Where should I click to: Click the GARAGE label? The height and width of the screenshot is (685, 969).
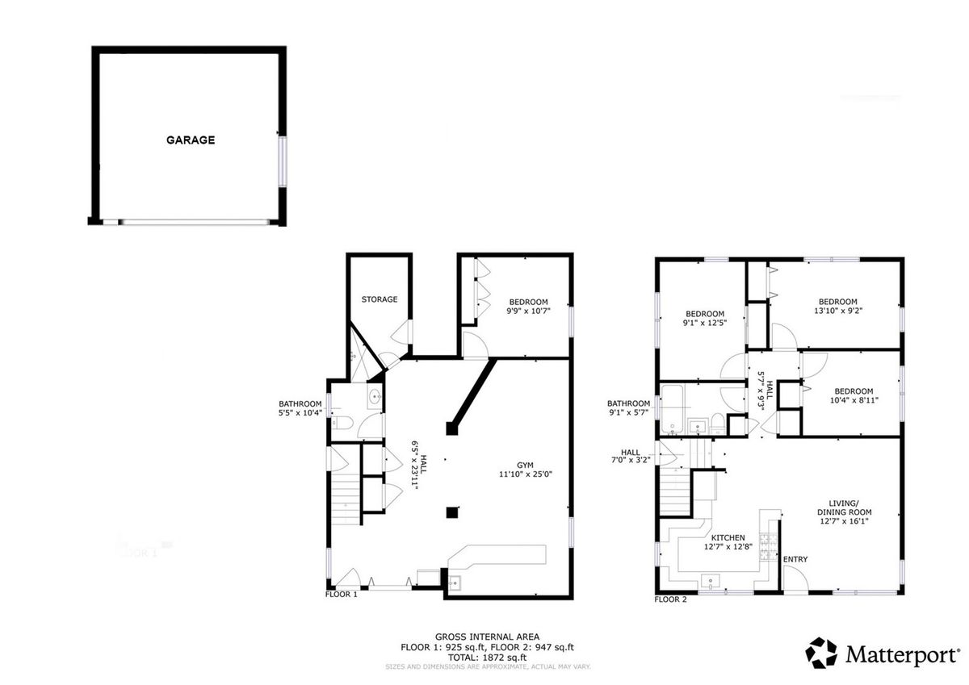click(191, 140)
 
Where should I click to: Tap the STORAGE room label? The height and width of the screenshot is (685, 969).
click(380, 299)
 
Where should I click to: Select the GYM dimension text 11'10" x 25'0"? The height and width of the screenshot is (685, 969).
click(526, 474)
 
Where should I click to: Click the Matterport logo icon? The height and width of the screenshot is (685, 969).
click(821, 653)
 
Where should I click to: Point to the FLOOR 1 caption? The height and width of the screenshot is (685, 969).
click(342, 595)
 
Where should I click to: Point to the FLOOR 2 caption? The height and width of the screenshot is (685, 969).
click(670, 599)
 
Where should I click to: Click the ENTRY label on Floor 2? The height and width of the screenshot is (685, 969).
click(795, 559)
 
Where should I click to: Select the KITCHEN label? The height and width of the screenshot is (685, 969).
click(728, 537)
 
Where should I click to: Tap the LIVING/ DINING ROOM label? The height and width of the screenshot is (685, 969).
click(845, 507)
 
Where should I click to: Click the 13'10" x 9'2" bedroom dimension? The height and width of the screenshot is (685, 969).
click(838, 311)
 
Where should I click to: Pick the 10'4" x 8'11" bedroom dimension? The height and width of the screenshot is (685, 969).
click(854, 400)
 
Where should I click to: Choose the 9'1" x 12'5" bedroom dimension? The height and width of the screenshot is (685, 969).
click(705, 323)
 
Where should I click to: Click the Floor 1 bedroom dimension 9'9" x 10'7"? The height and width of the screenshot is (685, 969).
click(528, 311)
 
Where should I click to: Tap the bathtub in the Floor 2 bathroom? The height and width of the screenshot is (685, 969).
click(672, 409)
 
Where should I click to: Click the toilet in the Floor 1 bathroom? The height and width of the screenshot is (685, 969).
click(342, 423)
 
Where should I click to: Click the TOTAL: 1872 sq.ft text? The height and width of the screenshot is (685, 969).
click(487, 658)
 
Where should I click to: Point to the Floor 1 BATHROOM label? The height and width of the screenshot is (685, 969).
click(300, 403)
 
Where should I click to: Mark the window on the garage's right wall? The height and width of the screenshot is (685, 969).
click(283, 161)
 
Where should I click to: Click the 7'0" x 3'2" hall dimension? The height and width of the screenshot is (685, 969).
click(631, 461)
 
